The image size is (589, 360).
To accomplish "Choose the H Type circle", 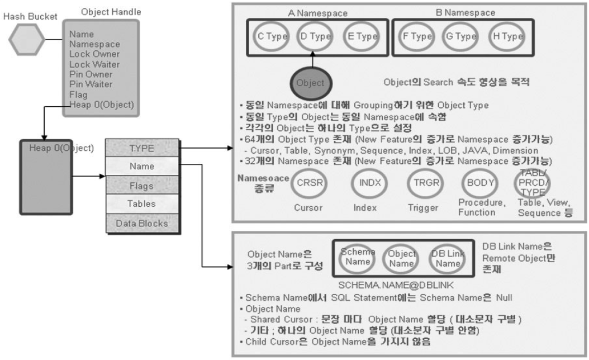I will coord(508,37).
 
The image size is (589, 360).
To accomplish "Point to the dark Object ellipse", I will coord(311,83).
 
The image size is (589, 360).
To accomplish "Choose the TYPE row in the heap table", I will coord(142,148).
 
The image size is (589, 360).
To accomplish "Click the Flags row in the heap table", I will coord(142,186).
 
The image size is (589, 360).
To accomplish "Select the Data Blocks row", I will coord(142,222).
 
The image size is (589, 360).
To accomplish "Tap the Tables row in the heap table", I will coord(142,204).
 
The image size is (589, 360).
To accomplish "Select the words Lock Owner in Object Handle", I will coord(94,54).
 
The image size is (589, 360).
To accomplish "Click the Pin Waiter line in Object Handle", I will coord(91,84).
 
